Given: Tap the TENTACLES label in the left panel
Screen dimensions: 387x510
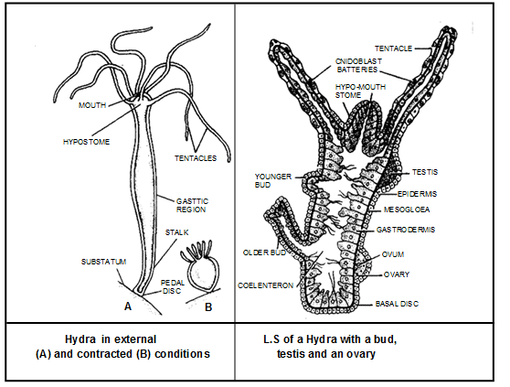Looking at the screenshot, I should coord(194,158).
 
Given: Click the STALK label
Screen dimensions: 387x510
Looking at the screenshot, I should coord(176,233).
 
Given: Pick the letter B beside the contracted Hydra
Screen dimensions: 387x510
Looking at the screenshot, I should coord(208,306).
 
